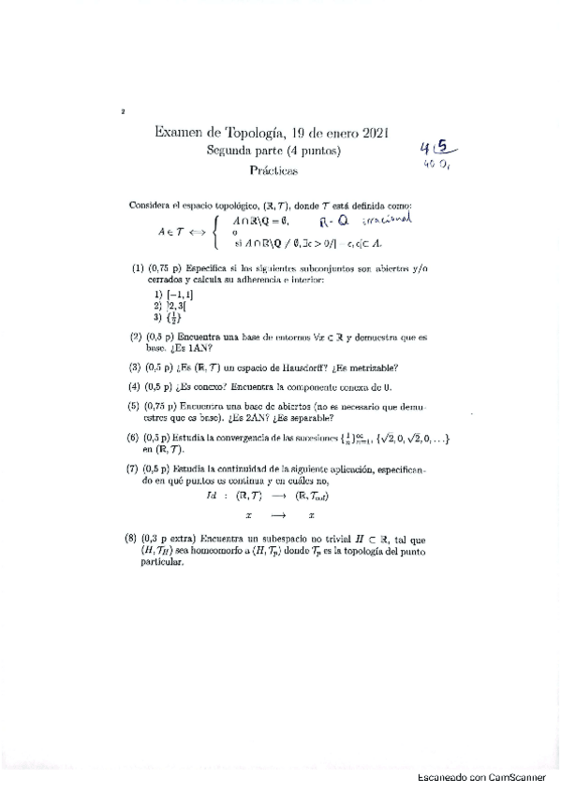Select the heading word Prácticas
[273, 170]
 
